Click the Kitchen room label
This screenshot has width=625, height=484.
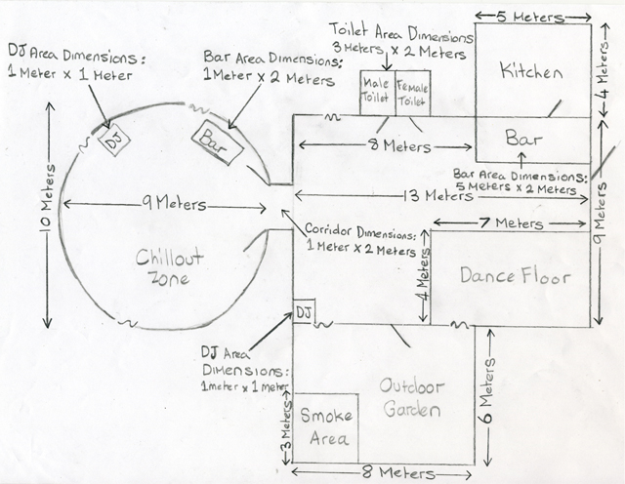[x=531, y=71]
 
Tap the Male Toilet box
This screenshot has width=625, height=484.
[x=378, y=94]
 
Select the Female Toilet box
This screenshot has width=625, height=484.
[x=413, y=94]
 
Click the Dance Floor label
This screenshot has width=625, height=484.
[x=515, y=275]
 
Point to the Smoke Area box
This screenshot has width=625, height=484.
[x=325, y=427]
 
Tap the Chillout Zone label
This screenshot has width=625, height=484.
[x=169, y=267]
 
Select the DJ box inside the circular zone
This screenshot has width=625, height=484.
[x=114, y=140]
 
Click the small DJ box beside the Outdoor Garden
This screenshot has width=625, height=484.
[x=304, y=311]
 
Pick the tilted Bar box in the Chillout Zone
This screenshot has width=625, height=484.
[x=217, y=141]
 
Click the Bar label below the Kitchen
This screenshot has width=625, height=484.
[x=523, y=138]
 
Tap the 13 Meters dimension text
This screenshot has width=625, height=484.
[x=437, y=195]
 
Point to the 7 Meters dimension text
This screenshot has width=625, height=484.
[x=512, y=222]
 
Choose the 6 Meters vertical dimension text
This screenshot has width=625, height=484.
[x=488, y=390]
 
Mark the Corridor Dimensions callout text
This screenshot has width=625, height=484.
[x=360, y=241]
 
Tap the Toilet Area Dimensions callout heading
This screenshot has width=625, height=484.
[x=401, y=33]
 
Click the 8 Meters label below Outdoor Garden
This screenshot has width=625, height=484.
[x=397, y=473]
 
